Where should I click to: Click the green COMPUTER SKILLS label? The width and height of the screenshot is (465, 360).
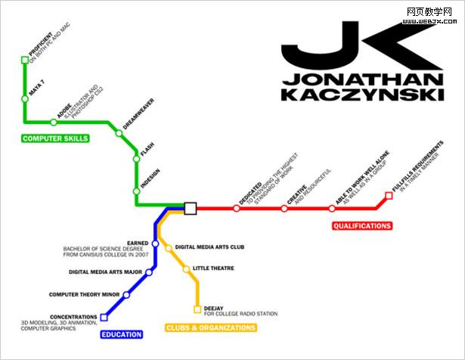pyautogui.click(x=55, y=138)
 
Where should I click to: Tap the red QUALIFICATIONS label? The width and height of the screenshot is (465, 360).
pyautogui.click(x=362, y=225)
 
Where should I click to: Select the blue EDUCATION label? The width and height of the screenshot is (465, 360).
pyautogui.click(x=122, y=334)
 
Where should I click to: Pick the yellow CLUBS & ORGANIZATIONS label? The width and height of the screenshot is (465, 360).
pyautogui.click(x=211, y=327)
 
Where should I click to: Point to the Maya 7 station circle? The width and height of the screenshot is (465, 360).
pyautogui.click(x=24, y=98)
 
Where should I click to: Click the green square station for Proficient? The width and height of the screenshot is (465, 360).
pyautogui.click(x=24, y=59)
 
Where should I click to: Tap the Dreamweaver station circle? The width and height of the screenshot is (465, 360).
pyautogui.click(x=119, y=133)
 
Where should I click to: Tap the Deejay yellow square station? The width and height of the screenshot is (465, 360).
pyautogui.click(x=197, y=309)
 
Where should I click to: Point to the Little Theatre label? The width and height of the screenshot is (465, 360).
pyautogui.click(x=213, y=268)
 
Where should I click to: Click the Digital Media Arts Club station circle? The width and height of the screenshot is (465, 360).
pyautogui.click(x=169, y=247)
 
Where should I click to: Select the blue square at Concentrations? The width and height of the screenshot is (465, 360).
pyautogui.click(x=104, y=317)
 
